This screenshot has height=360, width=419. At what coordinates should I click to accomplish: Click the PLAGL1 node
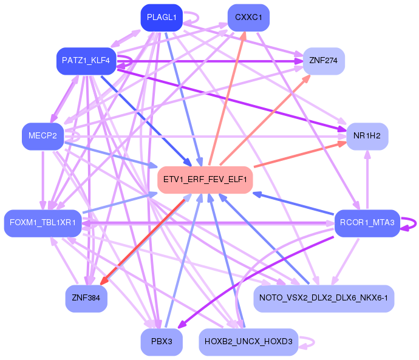point(162,18)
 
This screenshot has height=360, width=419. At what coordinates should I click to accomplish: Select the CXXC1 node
point(248,18)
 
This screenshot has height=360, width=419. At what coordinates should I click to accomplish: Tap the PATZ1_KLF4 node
point(86,61)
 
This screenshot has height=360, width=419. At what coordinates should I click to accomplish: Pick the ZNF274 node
point(324,61)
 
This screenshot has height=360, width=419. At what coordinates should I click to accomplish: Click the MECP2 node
point(43,136)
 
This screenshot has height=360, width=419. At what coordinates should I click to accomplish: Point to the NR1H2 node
point(367,136)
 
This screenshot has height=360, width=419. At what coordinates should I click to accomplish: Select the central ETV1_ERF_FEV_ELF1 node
point(205,180)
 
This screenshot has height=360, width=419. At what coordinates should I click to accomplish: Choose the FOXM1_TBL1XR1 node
point(43,223)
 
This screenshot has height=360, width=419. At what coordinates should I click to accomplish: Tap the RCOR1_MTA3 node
point(367,223)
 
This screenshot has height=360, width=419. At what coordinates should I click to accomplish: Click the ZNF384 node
point(86,298)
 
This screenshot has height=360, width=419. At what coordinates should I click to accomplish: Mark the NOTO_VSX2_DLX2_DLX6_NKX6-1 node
point(324,298)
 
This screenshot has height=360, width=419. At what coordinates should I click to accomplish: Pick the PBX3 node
point(162,342)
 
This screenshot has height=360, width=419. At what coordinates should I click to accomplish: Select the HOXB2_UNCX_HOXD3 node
point(248,342)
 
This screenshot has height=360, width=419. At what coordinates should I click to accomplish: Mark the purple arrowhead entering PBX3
point(182,325)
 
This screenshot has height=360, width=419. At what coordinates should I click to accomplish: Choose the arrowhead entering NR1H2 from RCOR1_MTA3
point(368,154)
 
